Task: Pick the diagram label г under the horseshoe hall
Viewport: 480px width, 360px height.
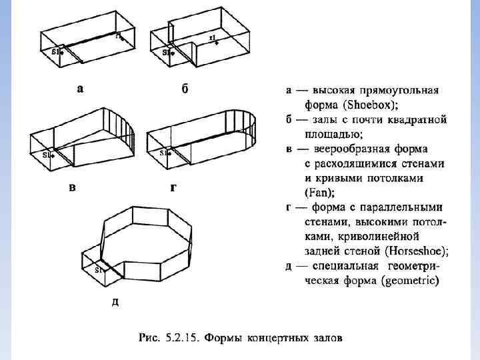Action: pyautogui.click(x=173, y=187)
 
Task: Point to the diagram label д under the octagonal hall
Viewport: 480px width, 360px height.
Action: pyautogui.click(x=115, y=302)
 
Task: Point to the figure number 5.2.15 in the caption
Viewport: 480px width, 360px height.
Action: pyautogui.click(x=181, y=338)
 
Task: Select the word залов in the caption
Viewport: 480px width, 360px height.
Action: pyautogui.click(x=329, y=338)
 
